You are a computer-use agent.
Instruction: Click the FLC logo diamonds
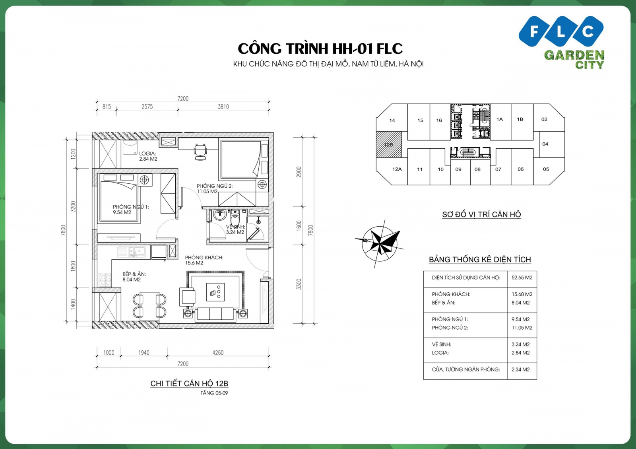coord(561,31)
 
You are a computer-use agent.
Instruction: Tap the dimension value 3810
coord(223,107)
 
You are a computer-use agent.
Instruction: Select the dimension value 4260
coord(218,352)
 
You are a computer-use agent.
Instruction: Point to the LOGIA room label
coord(148,156)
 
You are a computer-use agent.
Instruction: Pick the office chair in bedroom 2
coord(200,152)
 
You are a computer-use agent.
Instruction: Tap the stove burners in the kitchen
coord(105,280)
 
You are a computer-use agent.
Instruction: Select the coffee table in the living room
coord(215,292)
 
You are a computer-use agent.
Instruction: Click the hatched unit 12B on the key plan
coord(389,144)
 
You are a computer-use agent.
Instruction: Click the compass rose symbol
coord(380,244)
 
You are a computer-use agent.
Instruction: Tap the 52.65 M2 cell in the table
coord(522,278)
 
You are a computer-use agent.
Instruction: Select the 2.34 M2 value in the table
coord(520,369)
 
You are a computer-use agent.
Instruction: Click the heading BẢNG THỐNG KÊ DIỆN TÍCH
coord(480,260)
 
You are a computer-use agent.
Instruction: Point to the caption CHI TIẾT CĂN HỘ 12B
coord(189,384)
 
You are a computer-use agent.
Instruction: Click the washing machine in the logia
coord(130,148)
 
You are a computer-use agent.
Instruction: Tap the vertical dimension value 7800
coord(310,230)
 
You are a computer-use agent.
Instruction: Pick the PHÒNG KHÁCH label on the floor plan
coord(204,258)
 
